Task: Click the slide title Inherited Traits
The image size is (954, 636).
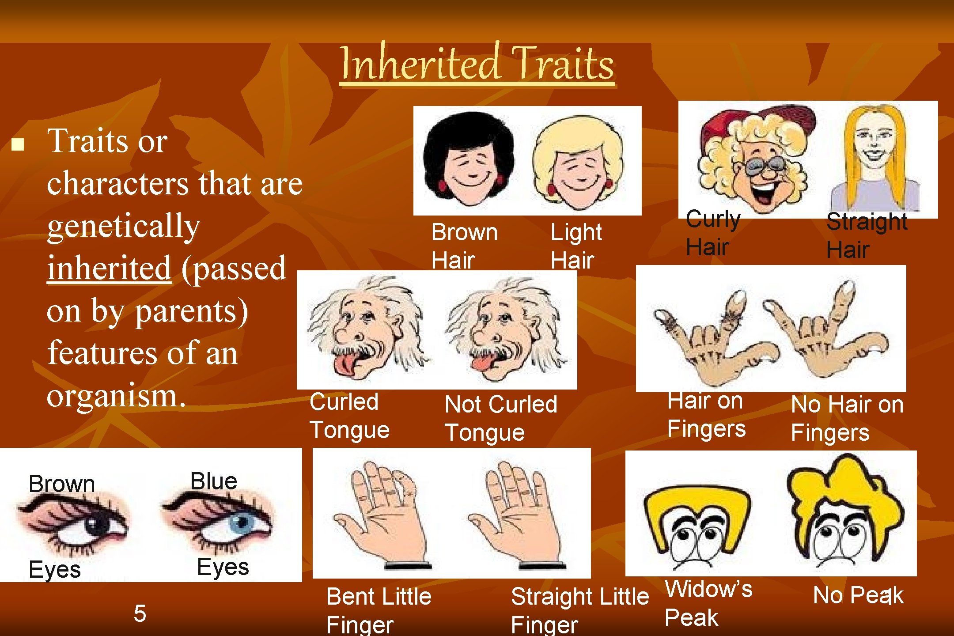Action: [x=477, y=64]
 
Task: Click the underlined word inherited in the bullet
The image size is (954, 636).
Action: [x=109, y=268]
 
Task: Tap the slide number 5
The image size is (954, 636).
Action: [x=140, y=613]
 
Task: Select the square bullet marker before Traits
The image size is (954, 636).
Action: [x=18, y=144]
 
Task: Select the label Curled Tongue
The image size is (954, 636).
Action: [x=349, y=416]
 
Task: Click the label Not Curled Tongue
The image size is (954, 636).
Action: [x=500, y=418]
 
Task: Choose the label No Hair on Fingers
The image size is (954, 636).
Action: [x=847, y=418]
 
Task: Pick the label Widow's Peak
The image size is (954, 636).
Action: [x=708, y=603]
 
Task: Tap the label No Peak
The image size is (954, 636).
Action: [x=858, y=595]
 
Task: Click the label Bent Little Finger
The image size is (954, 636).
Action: [x=378, y=609]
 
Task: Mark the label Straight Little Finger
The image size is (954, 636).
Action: [x=579, y=609]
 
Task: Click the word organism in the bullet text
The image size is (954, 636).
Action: [x=116, y=395]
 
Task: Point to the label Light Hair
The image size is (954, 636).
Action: [x=575, y=246]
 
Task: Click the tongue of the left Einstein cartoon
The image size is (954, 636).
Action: [x=344, y=364]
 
